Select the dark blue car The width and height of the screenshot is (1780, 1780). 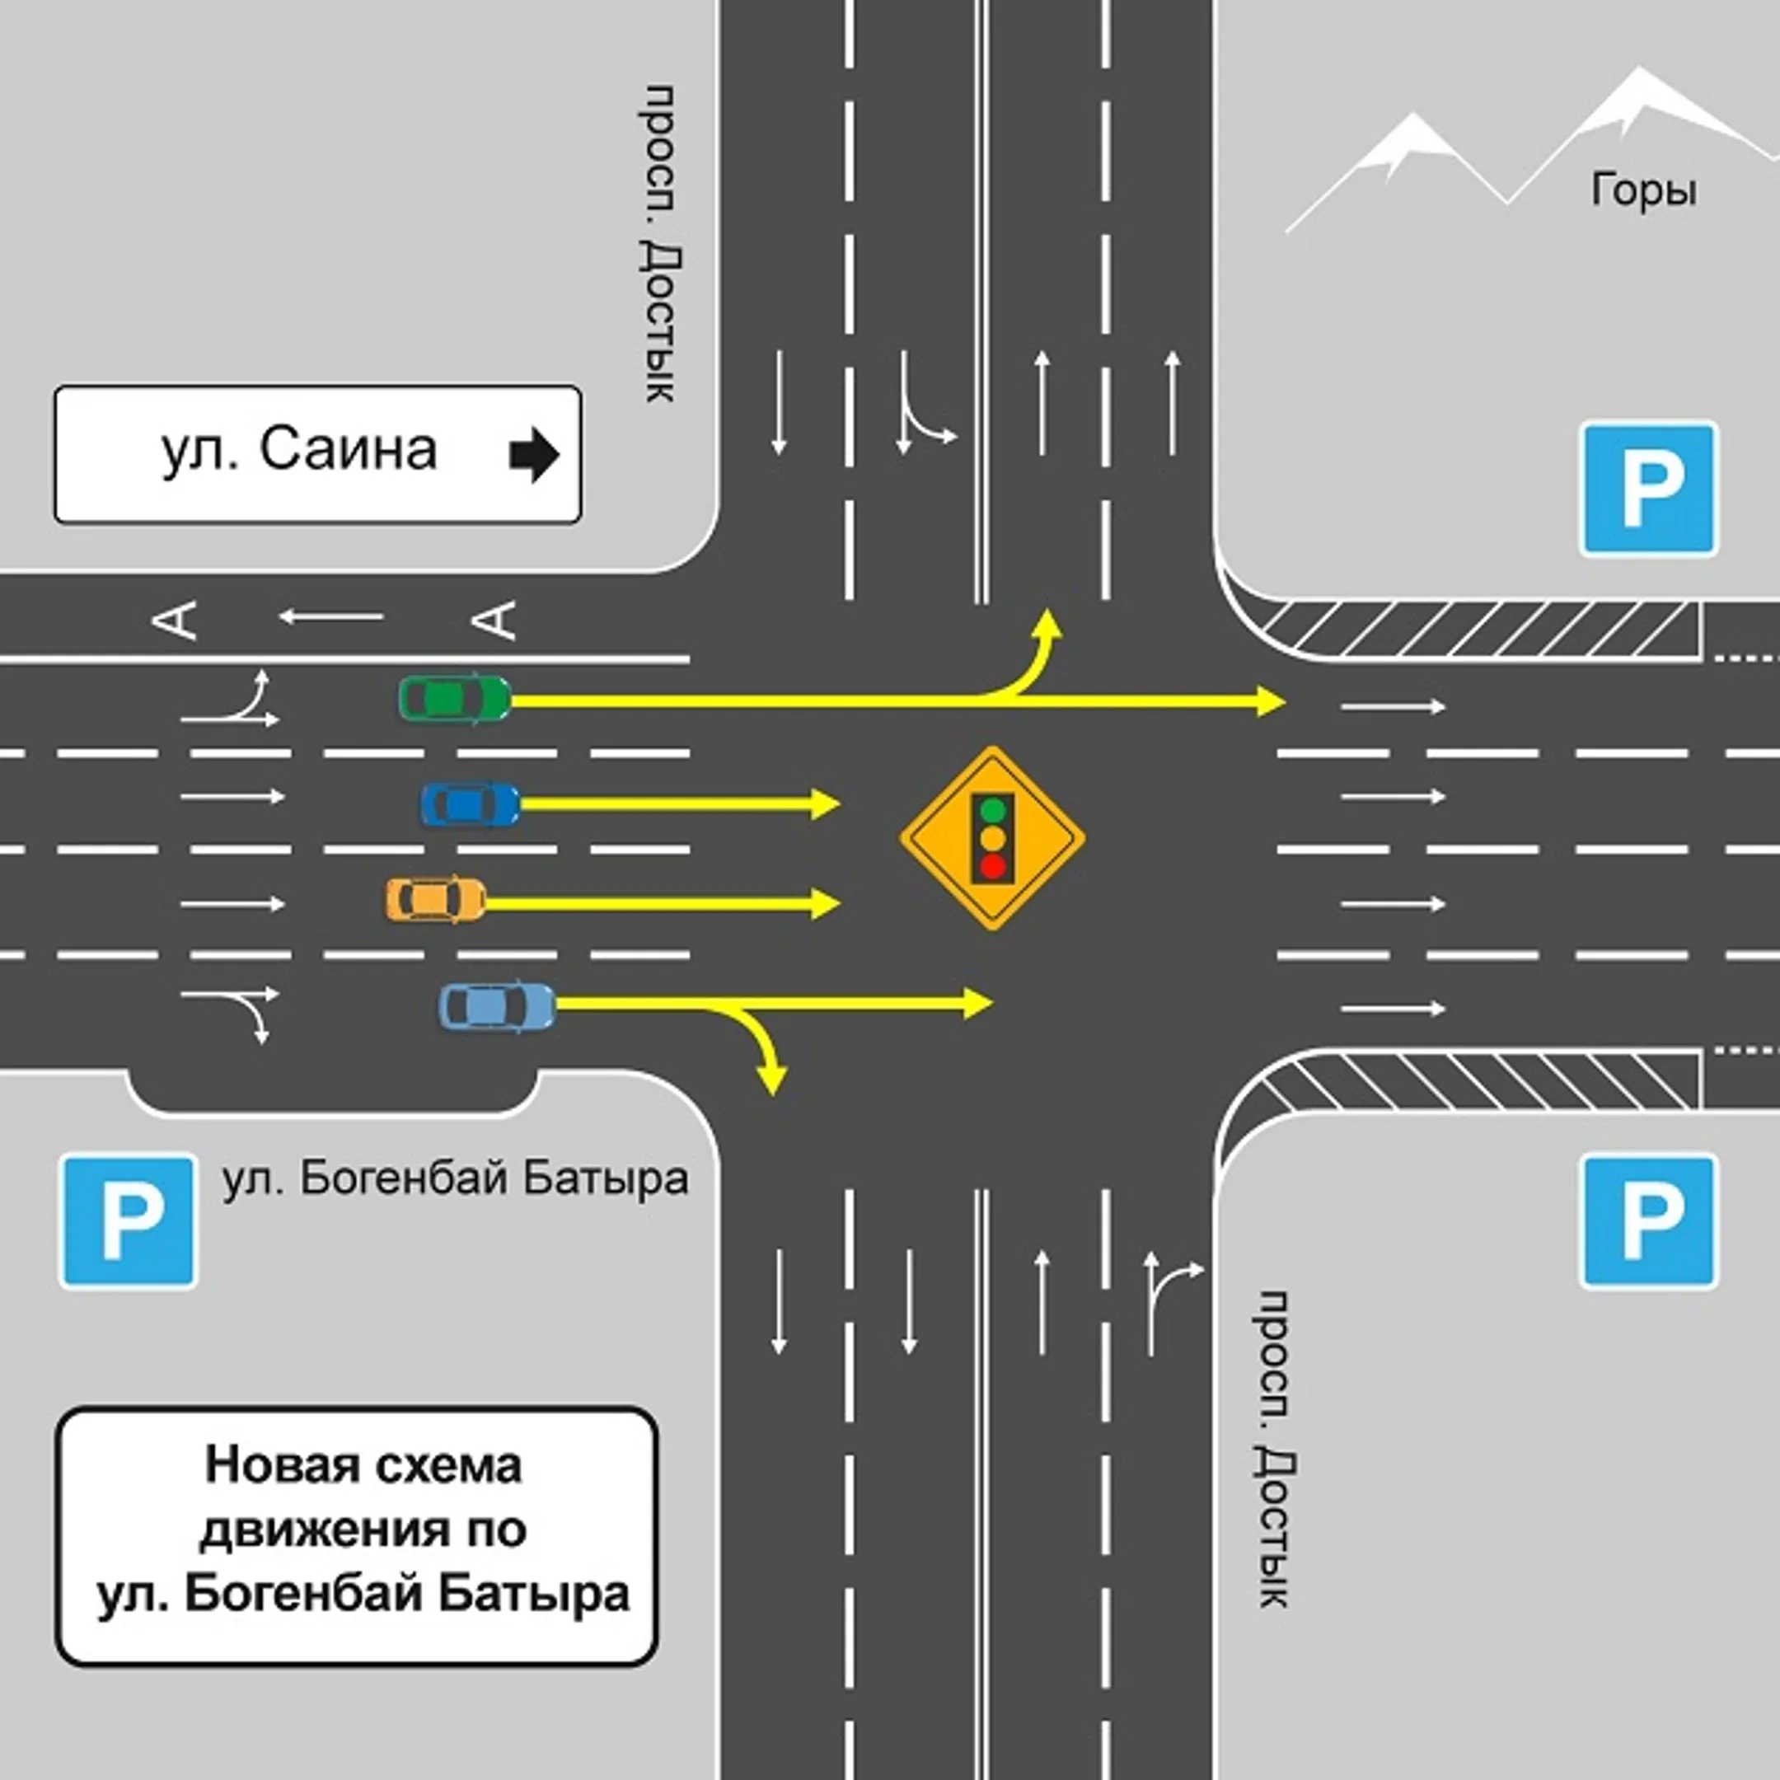[x=470, y=803]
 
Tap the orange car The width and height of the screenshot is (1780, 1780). [x=436, y=899]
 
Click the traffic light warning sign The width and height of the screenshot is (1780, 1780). [x=992, y=837]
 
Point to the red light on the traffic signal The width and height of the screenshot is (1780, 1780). [x=992, y=866]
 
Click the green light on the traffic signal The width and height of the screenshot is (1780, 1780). [x=992, y=810]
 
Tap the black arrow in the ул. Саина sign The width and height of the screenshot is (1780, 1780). [x=534, y=454]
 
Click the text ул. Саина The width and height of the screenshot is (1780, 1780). [x=299, y=451]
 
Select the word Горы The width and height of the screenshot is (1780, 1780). [x=1645, y=190]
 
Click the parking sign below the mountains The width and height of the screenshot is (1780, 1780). [x=1649, y=489]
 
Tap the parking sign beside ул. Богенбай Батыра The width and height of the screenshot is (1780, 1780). [x=128, y=1221]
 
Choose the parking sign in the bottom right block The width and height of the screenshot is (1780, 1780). [x=1649, y=1221]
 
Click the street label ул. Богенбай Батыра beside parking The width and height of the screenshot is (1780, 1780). [x=455, y=1178]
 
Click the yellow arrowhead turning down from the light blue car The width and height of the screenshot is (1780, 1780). [x=771, y=1079]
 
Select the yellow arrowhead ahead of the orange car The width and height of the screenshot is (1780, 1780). [x=826, y=903]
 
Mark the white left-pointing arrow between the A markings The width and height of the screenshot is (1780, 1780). [x=331, y=616]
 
